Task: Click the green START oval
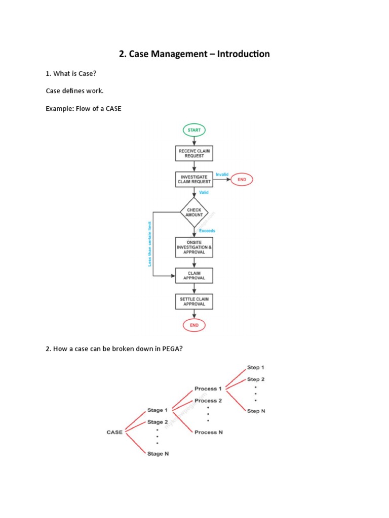[x=194, y=130]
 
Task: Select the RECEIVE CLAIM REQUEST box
[x=194, y=153]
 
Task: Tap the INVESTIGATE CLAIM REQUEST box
[x=194, y=179]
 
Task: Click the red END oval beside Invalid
[x=242, y=179]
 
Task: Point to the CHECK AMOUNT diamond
[x=194, y=212]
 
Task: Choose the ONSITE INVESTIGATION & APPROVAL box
[x=194, y=247]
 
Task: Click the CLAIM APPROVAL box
[x=194, y=275]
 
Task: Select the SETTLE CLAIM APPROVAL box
[x=194, y=301]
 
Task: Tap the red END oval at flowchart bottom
[x=194, y=325]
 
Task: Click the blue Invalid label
[x=222, y=174]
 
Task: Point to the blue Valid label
[x=204, y=192]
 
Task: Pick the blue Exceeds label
[x=207, y=231]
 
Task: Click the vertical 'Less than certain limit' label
[x=150, y=243]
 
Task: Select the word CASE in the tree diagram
[x=114, y=432]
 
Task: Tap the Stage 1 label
[x=155, y=410]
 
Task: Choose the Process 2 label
[x=208, y=400]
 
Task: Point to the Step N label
[x=256, y=411]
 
